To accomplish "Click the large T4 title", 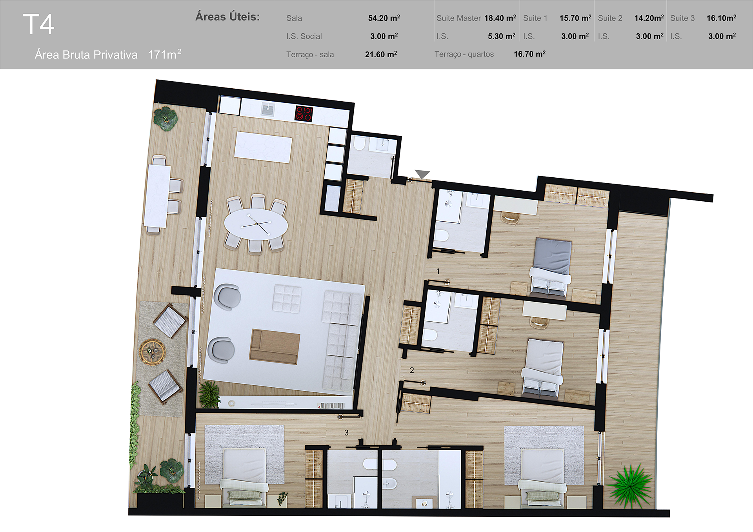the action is tap(38, 24).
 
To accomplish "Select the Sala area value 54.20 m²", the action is tap(384, 18).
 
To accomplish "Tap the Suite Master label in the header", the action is tap(458, 18).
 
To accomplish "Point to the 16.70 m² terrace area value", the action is tap(529, 54).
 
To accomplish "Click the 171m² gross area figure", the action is tap(164, 54).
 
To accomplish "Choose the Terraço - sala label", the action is tap(310, 55).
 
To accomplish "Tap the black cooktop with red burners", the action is tap(304, 113).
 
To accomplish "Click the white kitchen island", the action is tap(263, 147).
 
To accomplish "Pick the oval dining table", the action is tap(256, 224).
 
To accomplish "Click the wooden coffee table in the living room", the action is tap(275, 347).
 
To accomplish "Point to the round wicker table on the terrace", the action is tap(152, 352).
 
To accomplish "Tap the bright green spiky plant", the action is tap(629, 485).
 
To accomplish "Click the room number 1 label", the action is tap(438, 271).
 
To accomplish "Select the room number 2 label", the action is tap(412, 370).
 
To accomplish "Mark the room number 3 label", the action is tap(346, 432).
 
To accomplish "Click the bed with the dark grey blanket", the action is tap(551, 268).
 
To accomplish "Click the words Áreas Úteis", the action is tap(227, 16).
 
